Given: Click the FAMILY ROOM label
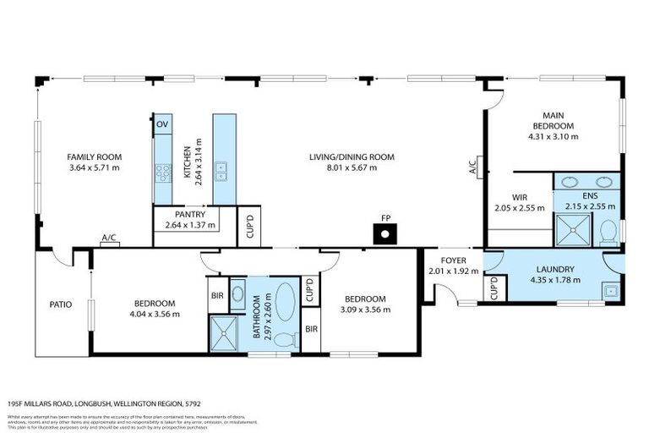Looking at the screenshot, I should (95, 156).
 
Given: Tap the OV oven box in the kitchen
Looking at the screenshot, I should (162, 124).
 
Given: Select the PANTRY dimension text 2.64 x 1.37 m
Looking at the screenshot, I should (190, 225).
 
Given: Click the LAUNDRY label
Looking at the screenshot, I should (554, 269).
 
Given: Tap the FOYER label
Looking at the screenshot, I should (453, 260).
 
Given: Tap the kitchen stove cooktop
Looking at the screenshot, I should (162, 173).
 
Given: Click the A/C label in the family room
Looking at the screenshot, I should (108, 238).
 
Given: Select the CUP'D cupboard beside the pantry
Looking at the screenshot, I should (248, 227).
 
